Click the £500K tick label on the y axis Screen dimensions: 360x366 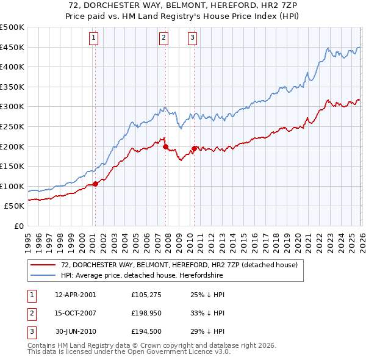12,27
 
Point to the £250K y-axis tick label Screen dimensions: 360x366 12,126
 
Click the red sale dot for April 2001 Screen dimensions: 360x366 95,184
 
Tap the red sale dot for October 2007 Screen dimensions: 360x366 165,146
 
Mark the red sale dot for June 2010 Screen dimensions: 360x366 195,148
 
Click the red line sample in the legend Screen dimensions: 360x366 43,265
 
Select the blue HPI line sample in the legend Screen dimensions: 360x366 43,275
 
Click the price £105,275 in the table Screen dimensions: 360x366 145,295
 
